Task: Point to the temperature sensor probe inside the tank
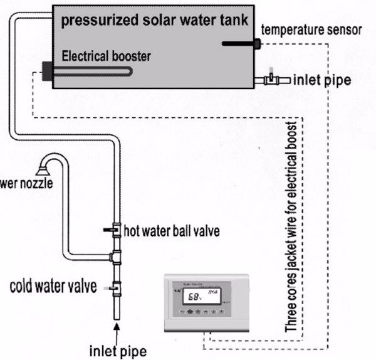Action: [241, 43]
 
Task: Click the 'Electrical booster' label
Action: [106, 57]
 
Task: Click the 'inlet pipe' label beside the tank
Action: [320, 80]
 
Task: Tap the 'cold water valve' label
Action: [53, 287]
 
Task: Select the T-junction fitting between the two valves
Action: [116, 256]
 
